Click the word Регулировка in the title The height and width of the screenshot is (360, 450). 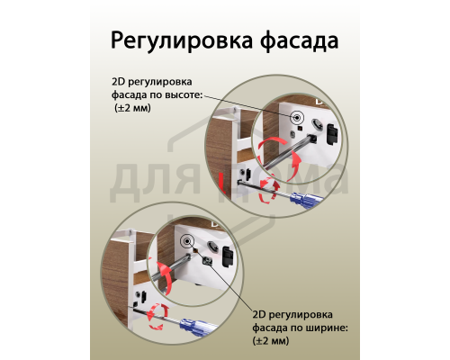180,41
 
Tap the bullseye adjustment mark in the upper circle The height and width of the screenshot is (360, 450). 296,117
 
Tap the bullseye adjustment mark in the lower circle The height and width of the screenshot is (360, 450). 185,241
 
